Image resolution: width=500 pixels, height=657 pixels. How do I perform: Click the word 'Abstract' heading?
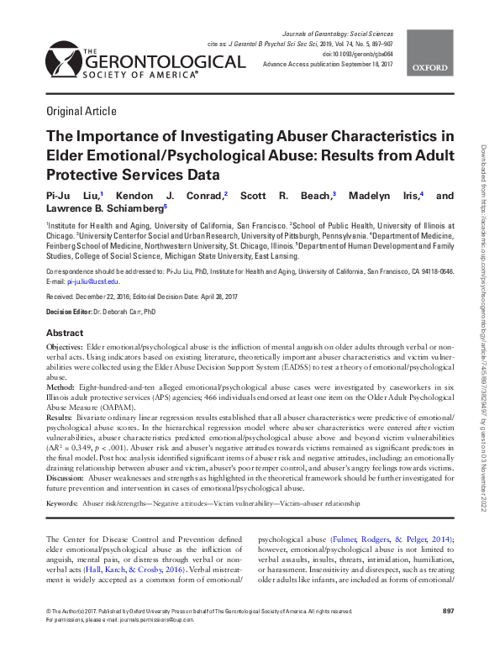pyautogui.click(x=65, y=333)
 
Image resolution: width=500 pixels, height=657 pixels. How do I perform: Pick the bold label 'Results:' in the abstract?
pyautogui.click(x=60, y=417)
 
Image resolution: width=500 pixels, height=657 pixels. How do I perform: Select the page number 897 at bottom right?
pyautogui.click(x=447, y=633)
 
